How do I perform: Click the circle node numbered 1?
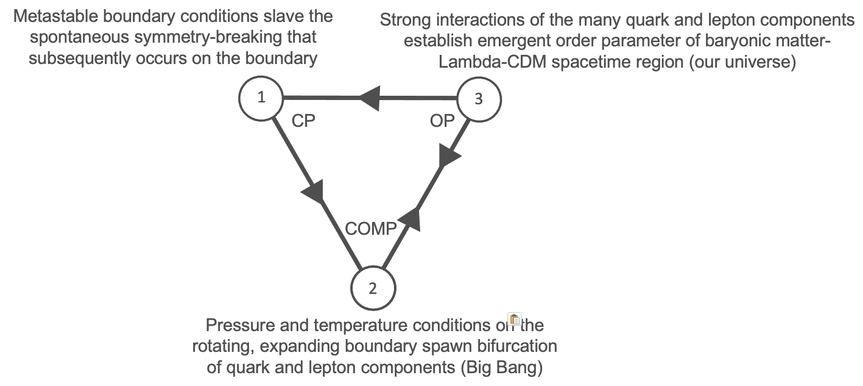pos(261,98)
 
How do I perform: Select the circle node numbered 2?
pos(373,288)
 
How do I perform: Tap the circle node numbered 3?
pos(478,99)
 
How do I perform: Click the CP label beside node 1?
pos(303,121)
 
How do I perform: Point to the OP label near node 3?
pos(442,121)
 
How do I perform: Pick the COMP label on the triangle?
pos(371,228)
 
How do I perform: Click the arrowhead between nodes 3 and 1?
pos(370,98)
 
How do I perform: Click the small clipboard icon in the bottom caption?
pos(515,319)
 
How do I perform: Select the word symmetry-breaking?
pos(214,37)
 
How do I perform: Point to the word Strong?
pos(403,20)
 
